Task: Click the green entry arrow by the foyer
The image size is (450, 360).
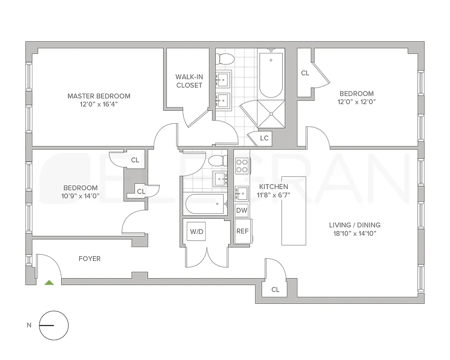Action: coord(49,283)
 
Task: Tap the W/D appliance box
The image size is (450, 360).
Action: coord(197,232)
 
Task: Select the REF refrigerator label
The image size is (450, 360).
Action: coord(243,231)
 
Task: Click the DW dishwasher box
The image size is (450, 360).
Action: coord(242,210)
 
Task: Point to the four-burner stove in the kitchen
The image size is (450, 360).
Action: coord(243,166)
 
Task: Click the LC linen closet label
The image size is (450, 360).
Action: coord(264,138)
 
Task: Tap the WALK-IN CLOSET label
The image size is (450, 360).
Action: coord(189,81)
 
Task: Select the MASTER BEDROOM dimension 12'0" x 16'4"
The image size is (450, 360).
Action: coord(99,104)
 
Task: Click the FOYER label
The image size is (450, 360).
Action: coord(90,259)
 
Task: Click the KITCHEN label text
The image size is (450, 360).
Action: coord(274,186)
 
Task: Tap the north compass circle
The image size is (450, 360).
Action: coord(54,325)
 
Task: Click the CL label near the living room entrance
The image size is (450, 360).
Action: coord(275,290)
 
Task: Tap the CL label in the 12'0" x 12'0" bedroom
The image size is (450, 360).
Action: coord(305,73)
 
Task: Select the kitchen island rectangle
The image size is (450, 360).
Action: coord(293,211)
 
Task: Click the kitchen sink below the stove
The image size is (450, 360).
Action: coord(243,193)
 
